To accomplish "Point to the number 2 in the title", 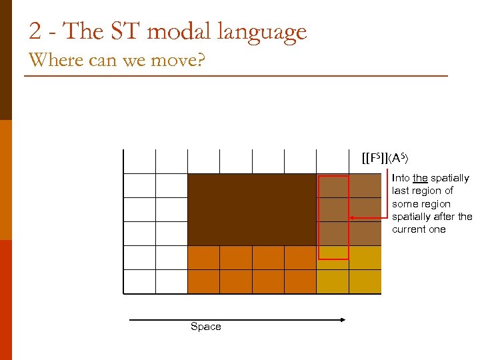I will click(x=35, y=31).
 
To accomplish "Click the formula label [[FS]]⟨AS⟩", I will click(x=384, y=159).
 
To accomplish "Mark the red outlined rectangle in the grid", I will click(x=333, y=217).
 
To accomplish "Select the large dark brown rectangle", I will click(x=252, y=209).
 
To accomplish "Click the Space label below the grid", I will click(x=205, y=327).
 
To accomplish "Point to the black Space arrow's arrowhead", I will click(x=343, y=320).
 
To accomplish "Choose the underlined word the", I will click(x=420, y=178).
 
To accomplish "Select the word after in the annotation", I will click(x=444, y=217).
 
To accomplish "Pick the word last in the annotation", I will click(x=399, y=191).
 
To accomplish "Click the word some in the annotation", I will click(x=405, y=204).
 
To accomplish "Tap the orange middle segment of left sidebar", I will click(x=6, y=180).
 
